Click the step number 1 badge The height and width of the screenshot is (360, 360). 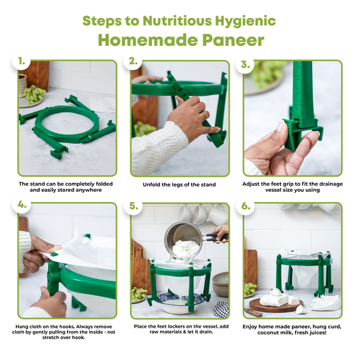(22, 61)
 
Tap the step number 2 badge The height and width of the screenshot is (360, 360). (133, 61)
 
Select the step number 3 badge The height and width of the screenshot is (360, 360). (245, 64)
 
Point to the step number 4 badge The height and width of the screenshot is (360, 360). (22, 205)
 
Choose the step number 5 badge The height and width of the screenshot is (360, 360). (133, 206)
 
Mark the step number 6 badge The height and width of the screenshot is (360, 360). (245, 206)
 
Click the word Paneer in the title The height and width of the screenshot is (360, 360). (233, 40)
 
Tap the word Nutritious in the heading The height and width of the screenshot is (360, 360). (177, 21)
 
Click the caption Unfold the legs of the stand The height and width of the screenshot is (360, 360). (179, 184)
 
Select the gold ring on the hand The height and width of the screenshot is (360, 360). (205, 115)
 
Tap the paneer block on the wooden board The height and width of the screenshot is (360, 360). (275, 300)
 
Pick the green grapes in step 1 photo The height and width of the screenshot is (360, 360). (34, 94)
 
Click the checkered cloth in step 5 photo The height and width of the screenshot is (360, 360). (221, 309)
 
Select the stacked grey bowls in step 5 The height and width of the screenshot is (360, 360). (220, 284)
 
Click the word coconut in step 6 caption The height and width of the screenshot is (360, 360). (268, 333)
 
